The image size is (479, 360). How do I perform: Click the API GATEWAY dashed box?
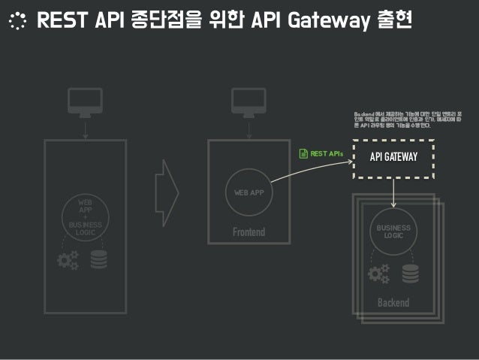tap(394, 156)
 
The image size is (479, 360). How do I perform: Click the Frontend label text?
tap(249, 232)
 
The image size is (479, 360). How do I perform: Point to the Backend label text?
tap(393, 302)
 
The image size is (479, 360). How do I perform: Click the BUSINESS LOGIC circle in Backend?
tap(393, 232)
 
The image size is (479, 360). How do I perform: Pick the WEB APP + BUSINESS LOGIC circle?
tap(86, 217)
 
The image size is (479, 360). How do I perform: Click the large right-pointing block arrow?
tap(166, 192)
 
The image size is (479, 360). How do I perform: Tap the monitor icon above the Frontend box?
tap(248, 101)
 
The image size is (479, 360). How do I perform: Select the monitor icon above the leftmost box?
tap(85, 101)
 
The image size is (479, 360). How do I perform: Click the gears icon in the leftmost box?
tap(68, 260)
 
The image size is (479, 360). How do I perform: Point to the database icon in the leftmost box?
tap(98, 260)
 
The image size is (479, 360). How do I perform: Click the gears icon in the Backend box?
tap(378, 274)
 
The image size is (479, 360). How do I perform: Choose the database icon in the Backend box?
tap(410, 274)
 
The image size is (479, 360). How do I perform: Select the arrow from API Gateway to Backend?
tap(394, 193)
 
